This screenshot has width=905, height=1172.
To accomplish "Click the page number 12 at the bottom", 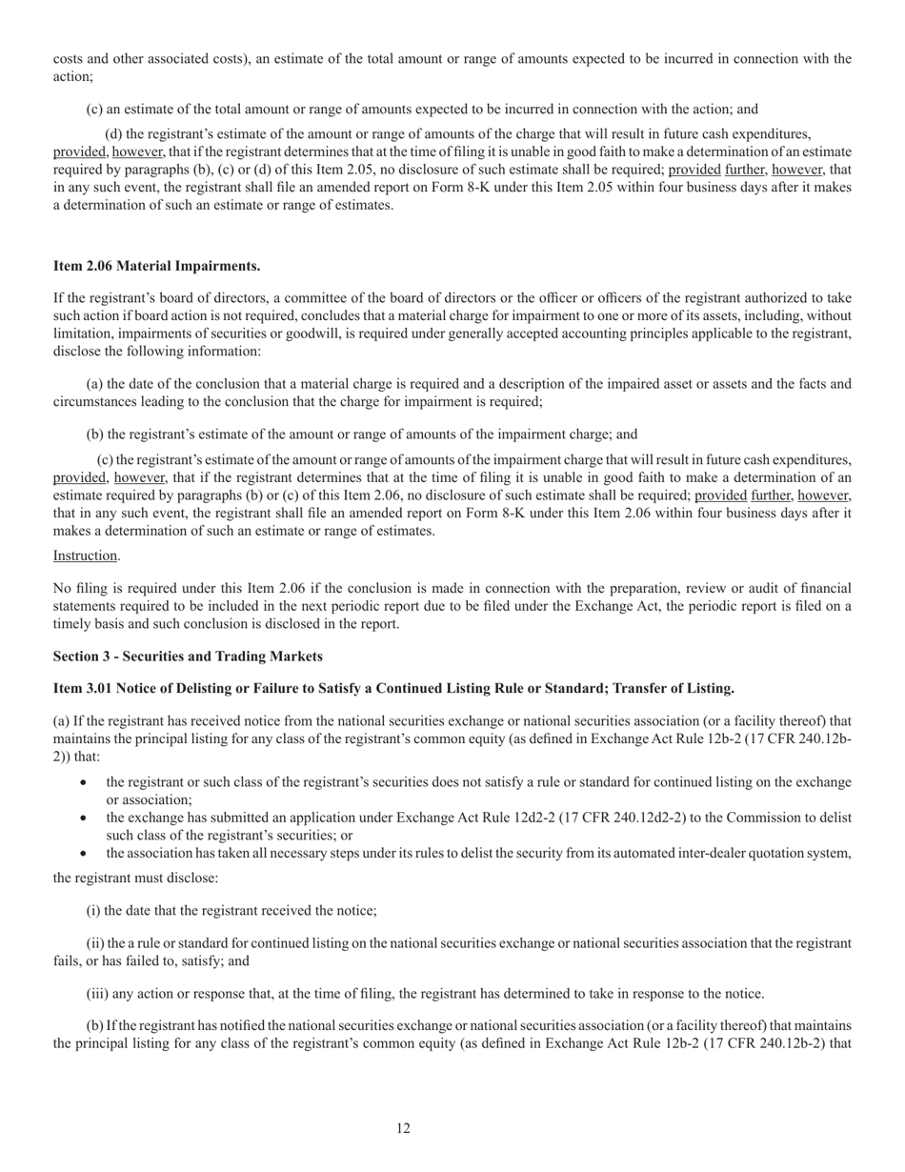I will [403, 1128].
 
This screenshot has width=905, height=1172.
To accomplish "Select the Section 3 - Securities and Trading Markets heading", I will [188, 657].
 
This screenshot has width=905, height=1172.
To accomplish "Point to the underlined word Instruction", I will [86, 556].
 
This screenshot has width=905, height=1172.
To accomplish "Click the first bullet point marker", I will [86, 782].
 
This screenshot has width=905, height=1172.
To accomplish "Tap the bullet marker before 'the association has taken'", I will [86, 853].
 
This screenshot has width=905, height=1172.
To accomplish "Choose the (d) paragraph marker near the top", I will [112, 134].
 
